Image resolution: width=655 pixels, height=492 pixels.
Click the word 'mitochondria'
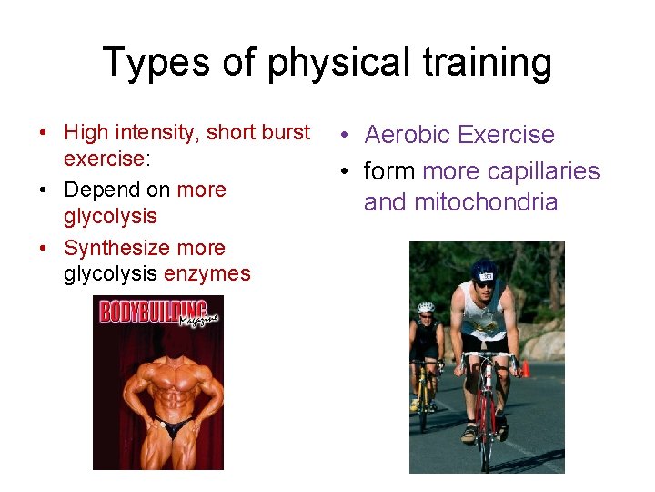tap(486, 201)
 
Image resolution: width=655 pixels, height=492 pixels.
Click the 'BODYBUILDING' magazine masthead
tap(153, 312)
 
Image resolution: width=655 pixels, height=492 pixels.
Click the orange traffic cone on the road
tap(525, 368)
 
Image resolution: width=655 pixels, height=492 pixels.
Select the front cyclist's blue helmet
tap(485, 269)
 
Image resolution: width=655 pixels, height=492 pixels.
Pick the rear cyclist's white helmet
tap(425, 307)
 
